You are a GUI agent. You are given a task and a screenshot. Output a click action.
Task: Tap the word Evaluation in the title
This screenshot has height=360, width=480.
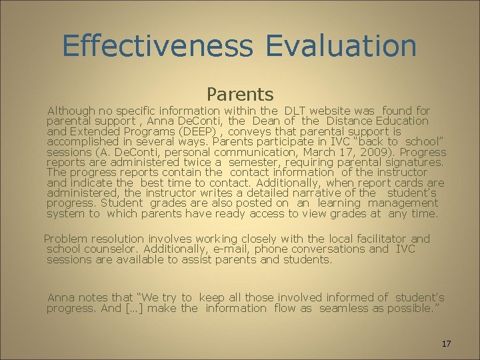[341, 45]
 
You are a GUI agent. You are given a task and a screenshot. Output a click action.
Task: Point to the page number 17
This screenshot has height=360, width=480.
[446, 343]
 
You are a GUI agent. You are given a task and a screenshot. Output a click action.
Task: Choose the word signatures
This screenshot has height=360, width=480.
[411, 162]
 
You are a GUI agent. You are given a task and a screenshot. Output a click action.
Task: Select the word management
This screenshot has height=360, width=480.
[403, 203]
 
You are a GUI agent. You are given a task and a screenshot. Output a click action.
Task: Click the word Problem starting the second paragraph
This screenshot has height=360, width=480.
[67, 239]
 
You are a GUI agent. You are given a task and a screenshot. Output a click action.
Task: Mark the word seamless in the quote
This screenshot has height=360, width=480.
[342, 308]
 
